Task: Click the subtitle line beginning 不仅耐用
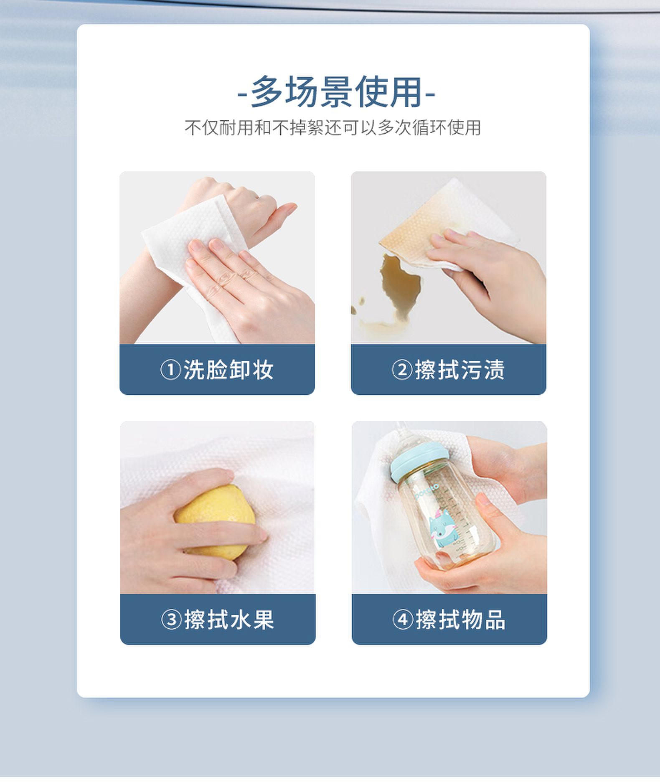pyautogui.click(x=333, y=128)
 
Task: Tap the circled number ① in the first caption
pyautogui.click(x=170, y=370)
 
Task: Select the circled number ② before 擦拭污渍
pyautogui.click(x=402, y=370)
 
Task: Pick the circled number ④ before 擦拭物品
pyautogui.click(x=403, y=620)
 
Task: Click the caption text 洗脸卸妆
pyautogui.click(x=228, y=370)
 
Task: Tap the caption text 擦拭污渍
pyautogui.click(x=460, y=370)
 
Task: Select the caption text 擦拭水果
pyautogui.click(x=229, y=620)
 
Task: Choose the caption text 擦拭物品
pyautogui.click(x=461, y=620)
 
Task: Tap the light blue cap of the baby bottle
pyautogui.click(x=419, y=462)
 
